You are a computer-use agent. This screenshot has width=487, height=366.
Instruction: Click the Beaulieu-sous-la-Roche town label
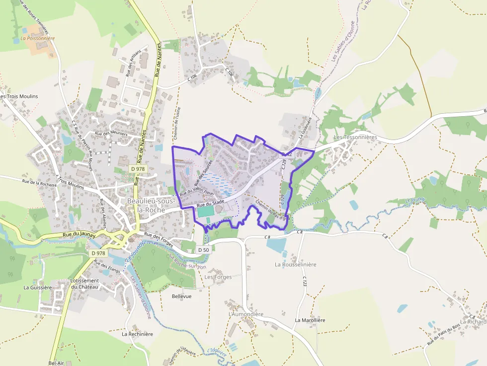point(150,205)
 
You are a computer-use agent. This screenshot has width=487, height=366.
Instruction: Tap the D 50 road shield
point(203,250)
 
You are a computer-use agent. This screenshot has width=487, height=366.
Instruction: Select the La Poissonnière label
point(38,38)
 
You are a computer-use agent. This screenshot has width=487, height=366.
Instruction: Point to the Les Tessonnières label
point(355,137)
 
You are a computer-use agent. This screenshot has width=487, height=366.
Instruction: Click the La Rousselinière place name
point(295,265)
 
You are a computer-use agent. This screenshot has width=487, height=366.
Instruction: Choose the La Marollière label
point(310,320)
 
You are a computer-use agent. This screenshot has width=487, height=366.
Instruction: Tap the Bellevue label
point(181,296)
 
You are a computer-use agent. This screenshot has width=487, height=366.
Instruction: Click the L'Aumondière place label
point(245,314)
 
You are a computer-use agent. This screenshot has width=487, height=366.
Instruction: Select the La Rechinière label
point(137,334)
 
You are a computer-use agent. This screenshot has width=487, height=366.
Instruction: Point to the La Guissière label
point(38,287)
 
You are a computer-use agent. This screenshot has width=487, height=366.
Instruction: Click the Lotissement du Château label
point(84,284)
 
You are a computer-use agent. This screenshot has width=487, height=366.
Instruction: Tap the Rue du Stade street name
point(211,203)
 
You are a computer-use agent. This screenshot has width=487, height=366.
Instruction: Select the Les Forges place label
point(218,277)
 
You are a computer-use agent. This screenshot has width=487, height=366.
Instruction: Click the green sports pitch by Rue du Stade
point(206,212)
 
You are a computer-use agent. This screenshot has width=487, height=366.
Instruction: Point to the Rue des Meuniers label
point(111,134)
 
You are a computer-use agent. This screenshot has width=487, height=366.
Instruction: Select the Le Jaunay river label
point(416,201)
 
